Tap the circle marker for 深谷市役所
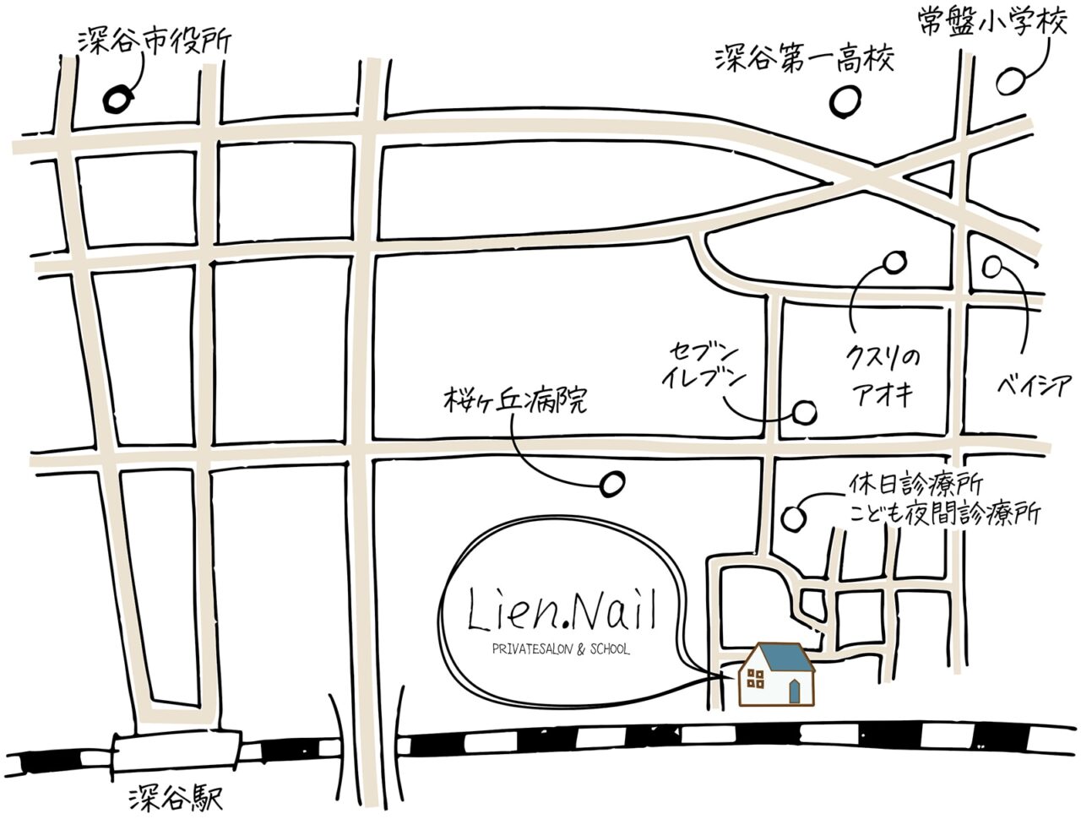pyautogui.click(x=118, y=98)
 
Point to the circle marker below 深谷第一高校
pyautogui.click(x=845, y=103)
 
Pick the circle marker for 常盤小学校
pyautogui.click(x=1010, y=81)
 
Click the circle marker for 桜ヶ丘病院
pyautogui.click(x=609, y=484)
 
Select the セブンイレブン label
pyautogui.click(x=703, y=365)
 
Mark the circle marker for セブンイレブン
pyautogui.click(x=805, y=412)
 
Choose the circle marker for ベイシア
pyautogui.click(x=993, y=267)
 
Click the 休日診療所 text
pyautogui.click(x=915, y=487)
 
